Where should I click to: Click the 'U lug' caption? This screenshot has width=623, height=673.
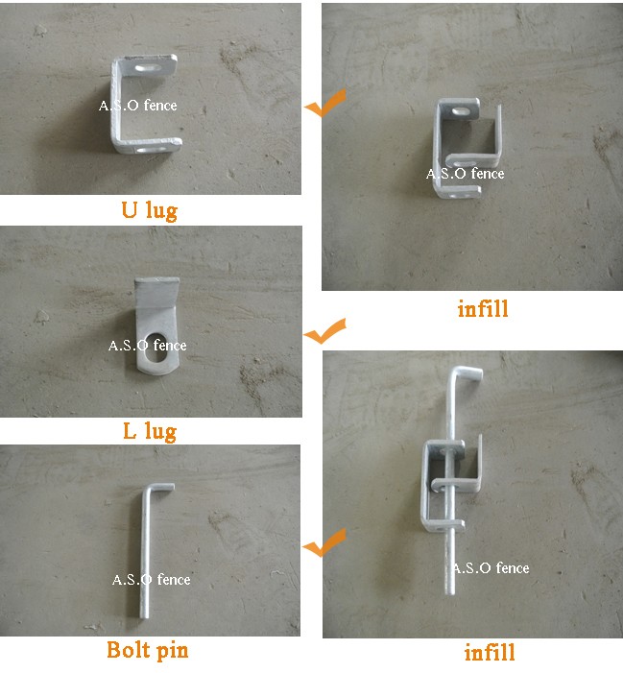[x=150, y=210]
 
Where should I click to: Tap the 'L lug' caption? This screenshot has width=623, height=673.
[x=150, y=431]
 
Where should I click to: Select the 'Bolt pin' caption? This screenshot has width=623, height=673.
[x=147, y=650]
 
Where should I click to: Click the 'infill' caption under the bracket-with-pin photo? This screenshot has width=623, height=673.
[x=490, y=653]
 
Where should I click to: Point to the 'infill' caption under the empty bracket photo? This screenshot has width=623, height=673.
[x=483, y=308]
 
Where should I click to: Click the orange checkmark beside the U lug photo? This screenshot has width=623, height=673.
[x=325, y=103]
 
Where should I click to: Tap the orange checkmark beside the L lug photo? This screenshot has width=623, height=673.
[x=324, y=331]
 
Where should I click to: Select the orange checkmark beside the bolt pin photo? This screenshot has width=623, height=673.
[x=323, y=542]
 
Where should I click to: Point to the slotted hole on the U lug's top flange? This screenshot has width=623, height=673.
[x=149, y=68]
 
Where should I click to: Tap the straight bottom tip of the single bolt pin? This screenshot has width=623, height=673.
[x=145, y=614]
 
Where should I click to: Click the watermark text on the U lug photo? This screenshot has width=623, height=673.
[x=137, y=106]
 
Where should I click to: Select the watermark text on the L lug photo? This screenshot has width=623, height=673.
[x=147, y=345]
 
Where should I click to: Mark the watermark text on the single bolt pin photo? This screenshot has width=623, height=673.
[x=151, y=580]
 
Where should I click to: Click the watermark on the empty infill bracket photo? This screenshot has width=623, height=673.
[x=466, y=174]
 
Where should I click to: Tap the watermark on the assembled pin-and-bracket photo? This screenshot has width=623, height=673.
[x=491, y=567]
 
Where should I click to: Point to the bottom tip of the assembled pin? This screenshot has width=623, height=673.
[x=449, y=591]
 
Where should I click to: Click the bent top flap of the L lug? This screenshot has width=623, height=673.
[x=157, y=292]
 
